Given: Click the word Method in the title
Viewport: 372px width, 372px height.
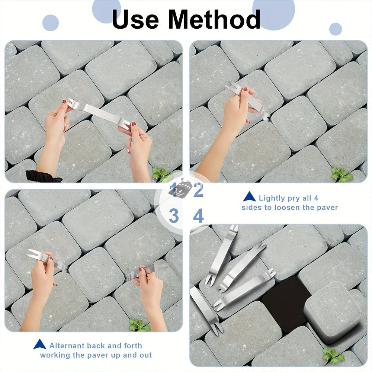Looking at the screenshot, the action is pyautogui.click(x=214, y=19).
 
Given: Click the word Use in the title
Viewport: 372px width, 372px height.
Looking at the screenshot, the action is pyautogui.click(x=135, y=19).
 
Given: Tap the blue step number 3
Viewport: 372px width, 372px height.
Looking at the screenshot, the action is pyautogui.click(x=174, y=216).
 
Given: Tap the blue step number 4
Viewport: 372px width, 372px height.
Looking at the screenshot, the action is pyautogui.click(x=198, y=216).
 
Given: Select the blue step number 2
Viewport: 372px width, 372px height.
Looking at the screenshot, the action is pyautogui.click(x=198, y=190).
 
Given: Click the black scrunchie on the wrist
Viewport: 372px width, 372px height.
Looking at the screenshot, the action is pyautogui.click(x=43, y=176).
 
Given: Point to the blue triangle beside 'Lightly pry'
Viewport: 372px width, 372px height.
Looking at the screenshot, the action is pyautogui.click(x=249, y=197).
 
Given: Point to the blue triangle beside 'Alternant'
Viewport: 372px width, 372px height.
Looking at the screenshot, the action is pyautogui.click(x=40, y=344).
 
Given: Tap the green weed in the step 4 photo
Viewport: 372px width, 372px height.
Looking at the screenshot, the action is pyautogui.click(x=333, y=356).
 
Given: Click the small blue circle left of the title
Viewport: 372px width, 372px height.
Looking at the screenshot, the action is pyautogui.click(x=51, y=23).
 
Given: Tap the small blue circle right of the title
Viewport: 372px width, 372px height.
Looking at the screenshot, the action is pyautogui.click(x=336, y=29).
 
